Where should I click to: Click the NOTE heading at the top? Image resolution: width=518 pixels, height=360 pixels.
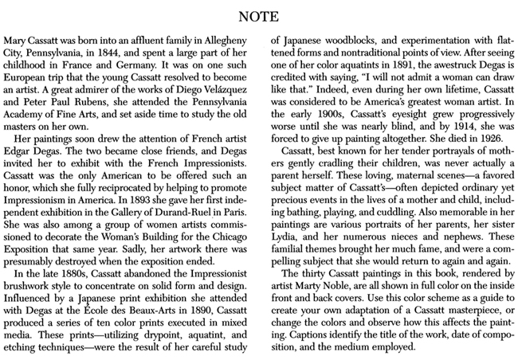[x=258, y=11]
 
